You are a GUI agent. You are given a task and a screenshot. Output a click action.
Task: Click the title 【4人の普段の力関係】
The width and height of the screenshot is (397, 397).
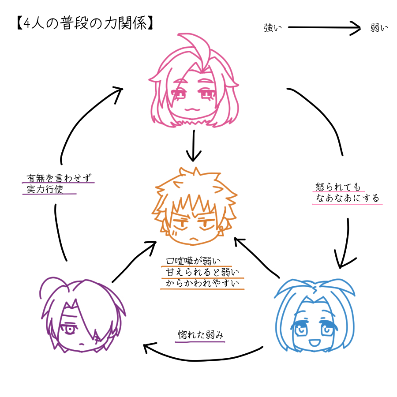pos(85,23)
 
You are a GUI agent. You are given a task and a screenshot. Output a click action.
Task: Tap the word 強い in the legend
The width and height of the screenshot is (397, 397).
pos(273,28)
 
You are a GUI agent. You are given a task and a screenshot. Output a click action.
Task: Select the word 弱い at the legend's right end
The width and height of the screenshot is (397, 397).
pos(379,28)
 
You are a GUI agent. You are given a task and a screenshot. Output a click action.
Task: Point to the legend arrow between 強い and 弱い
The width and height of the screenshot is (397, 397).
pos(324,27)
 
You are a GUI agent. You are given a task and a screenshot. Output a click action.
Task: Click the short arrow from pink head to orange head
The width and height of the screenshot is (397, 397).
pos(194,146)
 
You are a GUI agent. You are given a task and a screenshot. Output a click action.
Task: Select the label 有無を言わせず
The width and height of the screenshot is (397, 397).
pos(59,178)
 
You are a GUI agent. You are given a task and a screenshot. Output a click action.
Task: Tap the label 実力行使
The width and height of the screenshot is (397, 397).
pos(45,189)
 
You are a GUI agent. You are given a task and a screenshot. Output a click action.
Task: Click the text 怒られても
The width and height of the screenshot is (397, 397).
pos(337,187)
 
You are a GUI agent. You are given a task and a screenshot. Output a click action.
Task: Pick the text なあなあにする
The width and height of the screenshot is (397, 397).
pos(347,198)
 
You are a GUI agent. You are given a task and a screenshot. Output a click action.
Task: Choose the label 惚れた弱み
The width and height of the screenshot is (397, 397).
pos(201,335)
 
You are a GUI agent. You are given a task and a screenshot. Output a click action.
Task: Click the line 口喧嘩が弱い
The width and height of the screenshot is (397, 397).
pos(193,261)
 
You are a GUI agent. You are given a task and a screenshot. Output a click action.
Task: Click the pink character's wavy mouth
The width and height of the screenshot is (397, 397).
pos(192,109)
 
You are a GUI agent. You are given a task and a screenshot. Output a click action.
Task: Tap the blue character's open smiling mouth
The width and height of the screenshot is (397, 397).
pos(315,343)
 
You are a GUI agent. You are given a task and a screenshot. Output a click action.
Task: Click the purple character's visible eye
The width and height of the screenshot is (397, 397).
pos(69,330)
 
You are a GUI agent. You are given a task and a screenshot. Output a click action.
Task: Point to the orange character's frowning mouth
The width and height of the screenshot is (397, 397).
pos(194,239)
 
